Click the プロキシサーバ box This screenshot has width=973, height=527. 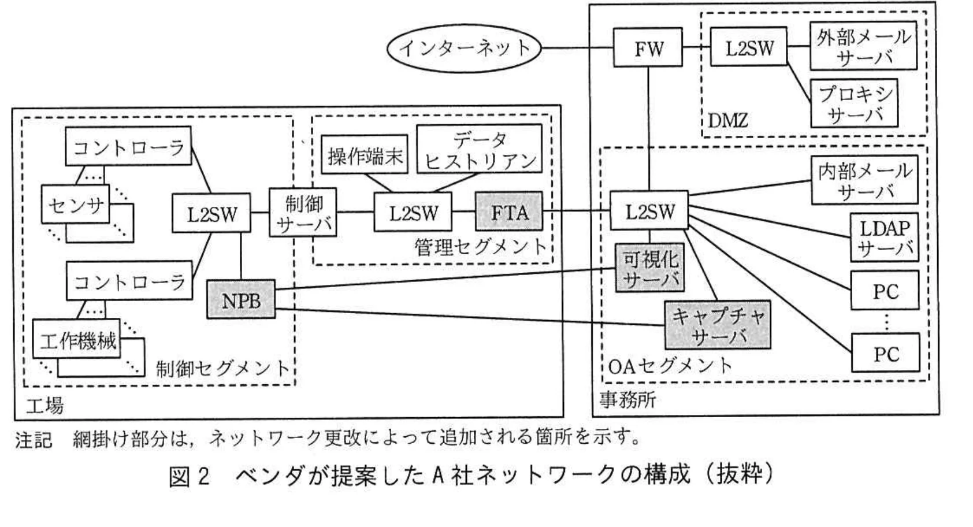855,103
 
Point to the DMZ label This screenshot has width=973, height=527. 728,120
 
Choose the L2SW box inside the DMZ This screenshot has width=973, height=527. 749,48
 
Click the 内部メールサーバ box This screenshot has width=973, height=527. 864,180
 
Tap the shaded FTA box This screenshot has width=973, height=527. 509,212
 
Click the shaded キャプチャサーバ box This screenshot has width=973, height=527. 718,325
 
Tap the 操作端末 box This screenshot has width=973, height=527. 365,155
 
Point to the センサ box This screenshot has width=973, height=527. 76,204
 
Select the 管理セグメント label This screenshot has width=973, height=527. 480,247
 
